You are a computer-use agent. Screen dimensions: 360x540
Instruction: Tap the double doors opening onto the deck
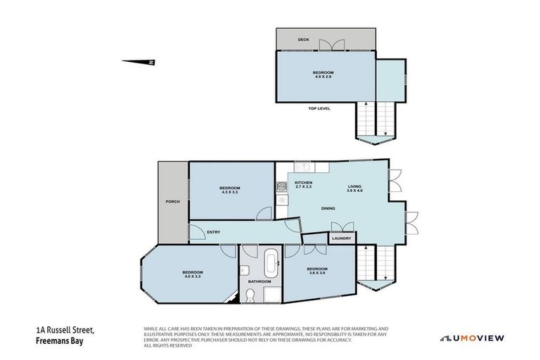coord(331,45)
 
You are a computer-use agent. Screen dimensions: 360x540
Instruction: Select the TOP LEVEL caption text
coord(319,108)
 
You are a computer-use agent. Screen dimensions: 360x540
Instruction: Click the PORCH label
coord(172,202)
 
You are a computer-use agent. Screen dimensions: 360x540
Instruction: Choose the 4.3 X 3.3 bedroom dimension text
coord(229,192)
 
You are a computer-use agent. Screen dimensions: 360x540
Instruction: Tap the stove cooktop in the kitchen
coord(281,187)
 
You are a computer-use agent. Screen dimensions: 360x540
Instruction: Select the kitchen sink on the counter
coord(304,167)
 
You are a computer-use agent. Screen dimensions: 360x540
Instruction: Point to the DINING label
coord(328,208)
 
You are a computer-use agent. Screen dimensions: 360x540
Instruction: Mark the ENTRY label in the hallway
coord(214,231)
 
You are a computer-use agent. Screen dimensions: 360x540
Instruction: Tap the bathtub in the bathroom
coord(271,264)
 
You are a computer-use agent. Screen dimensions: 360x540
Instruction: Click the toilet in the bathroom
coord(251,296)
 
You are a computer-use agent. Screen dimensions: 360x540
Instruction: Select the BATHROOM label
coord(259,282)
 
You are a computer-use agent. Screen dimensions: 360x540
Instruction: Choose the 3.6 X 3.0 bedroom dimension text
coord(317,273)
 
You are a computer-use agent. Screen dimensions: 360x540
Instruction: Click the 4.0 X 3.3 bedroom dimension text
coord(193,276)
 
